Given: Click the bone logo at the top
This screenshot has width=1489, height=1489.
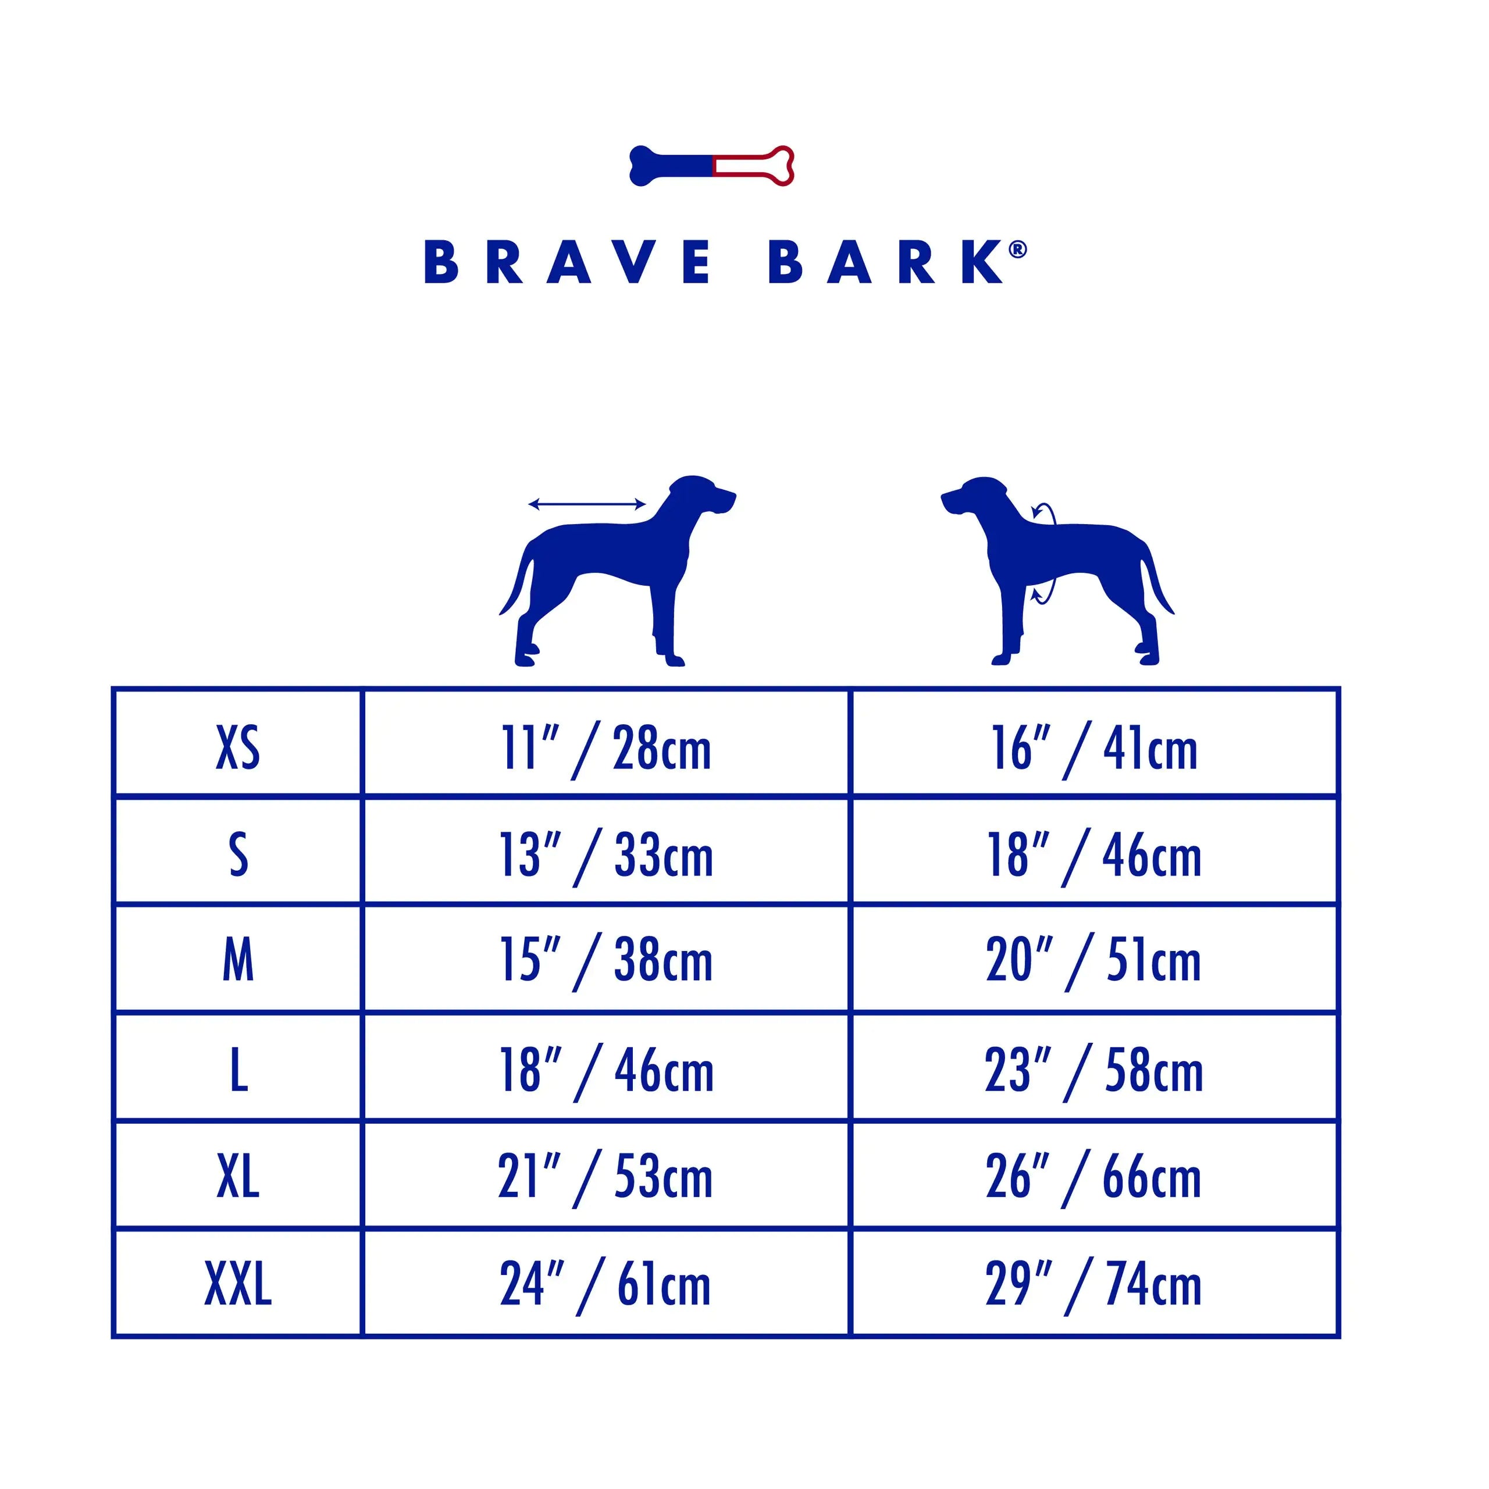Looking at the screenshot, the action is click(711, 166).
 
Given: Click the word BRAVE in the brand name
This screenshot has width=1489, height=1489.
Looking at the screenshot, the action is click(568, 262).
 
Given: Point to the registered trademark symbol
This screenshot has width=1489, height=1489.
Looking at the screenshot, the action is click(1017, 250).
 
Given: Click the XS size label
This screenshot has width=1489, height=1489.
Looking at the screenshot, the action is click(238, 747).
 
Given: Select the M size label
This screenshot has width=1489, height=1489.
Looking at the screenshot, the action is click(238, 960).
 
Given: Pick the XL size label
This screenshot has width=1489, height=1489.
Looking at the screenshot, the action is click(238, 1176).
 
